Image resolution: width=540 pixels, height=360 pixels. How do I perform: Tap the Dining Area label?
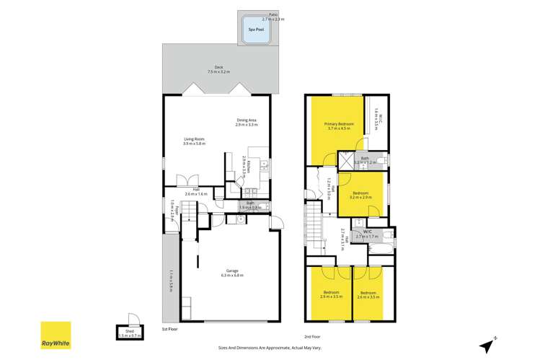[x=246, y=122]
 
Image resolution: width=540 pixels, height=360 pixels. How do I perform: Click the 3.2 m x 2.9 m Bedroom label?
[x=360, y=194]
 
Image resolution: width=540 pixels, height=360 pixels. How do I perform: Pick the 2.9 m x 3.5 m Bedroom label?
[x=330, y=294]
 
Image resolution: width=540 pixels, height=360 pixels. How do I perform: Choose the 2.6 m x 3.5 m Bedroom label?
[x=368, y=294]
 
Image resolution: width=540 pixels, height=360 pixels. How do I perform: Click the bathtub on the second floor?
[x=379, y=247]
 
